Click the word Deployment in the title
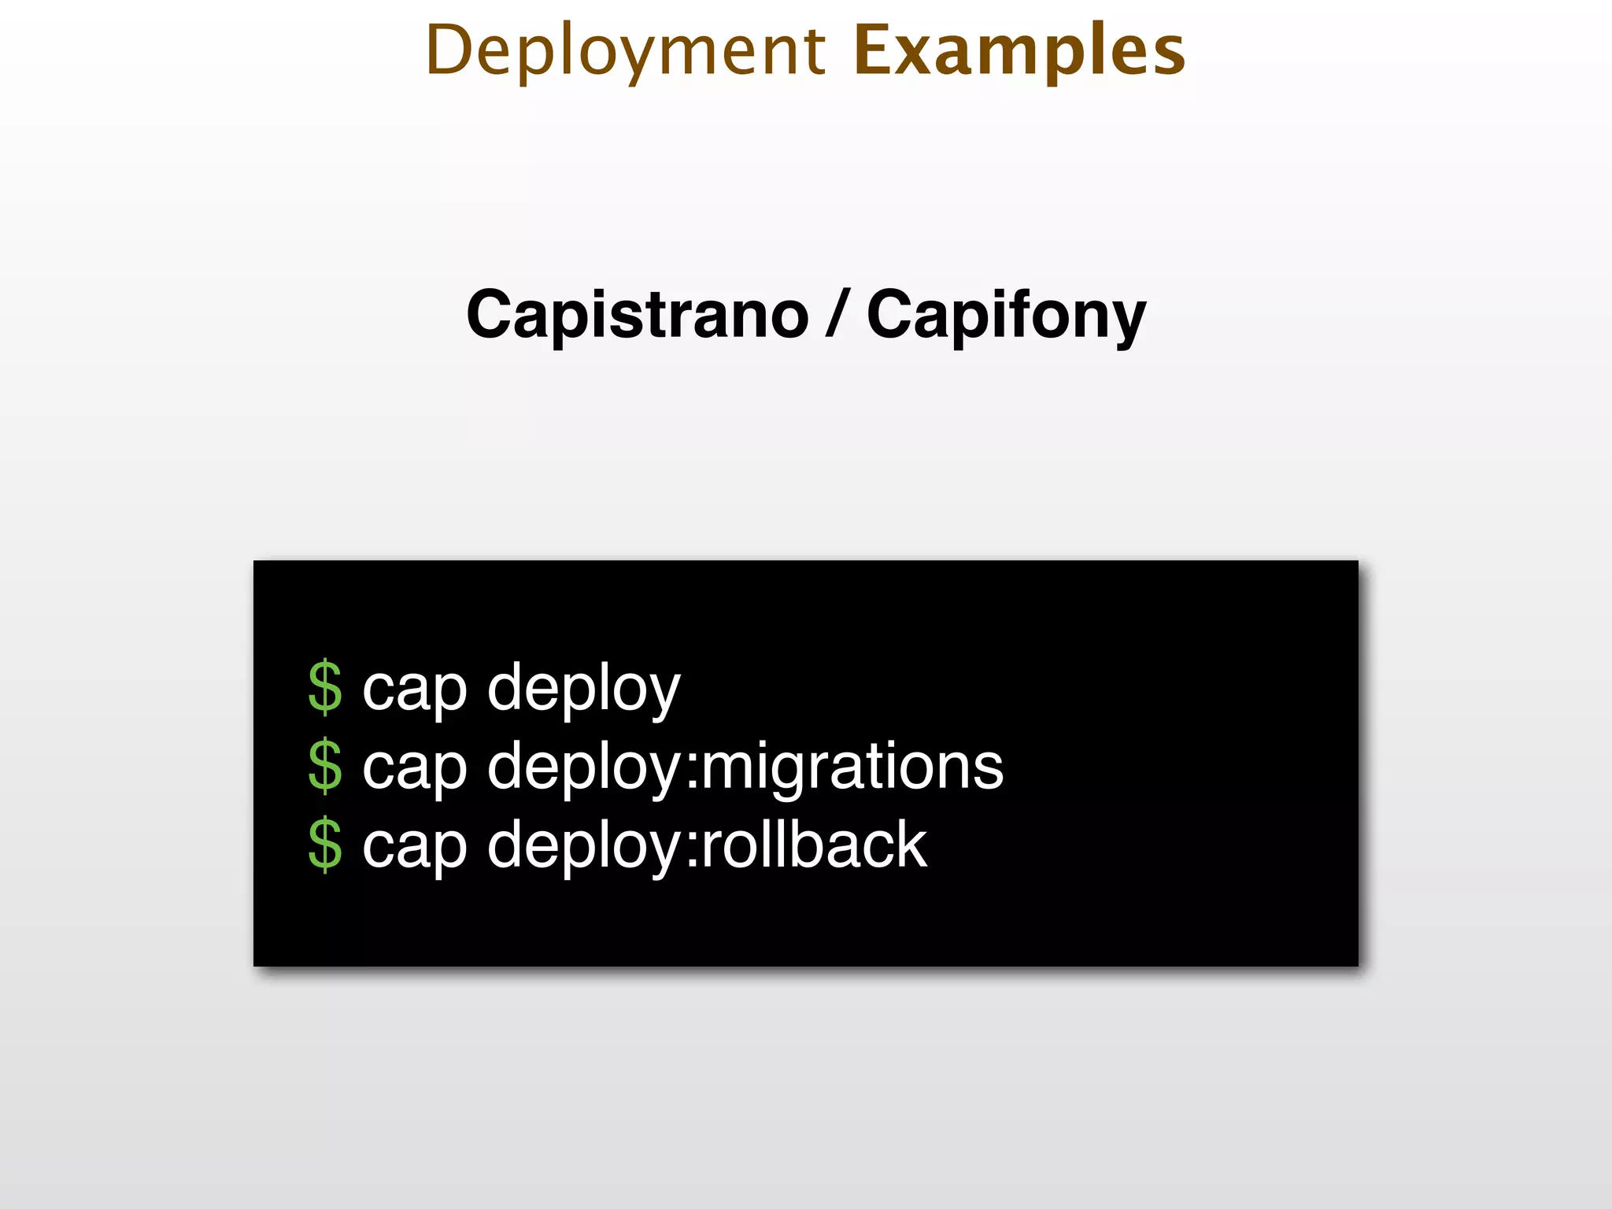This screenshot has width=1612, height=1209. [626, 51]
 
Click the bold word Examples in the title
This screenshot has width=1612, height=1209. [1019, 51]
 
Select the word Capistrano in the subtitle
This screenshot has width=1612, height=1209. [638, 315]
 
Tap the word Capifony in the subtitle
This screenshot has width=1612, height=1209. [1006, 315]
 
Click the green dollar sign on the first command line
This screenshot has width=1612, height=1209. [325, 688]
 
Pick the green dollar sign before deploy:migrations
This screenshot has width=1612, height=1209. [325, 766]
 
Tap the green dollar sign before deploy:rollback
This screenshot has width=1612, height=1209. [325, 845]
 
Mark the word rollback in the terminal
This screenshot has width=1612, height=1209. [814, 845]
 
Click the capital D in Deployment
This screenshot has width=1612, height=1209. [449, 51]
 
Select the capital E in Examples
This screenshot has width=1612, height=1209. [873, 51]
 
